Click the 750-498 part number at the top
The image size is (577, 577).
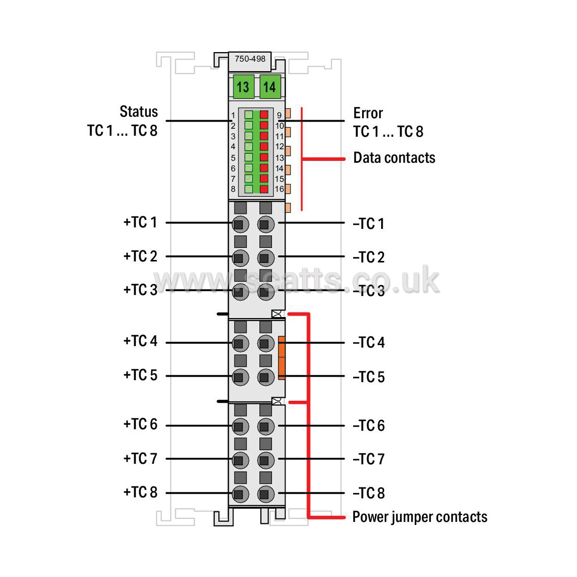250,59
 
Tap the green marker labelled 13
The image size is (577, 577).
243,87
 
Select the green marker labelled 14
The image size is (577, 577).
270,87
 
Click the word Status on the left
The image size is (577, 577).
139,112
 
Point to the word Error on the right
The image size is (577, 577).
368,113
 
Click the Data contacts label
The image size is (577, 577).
394,157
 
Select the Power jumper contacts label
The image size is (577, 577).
420,517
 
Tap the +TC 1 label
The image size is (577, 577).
140,222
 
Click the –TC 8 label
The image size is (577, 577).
369,493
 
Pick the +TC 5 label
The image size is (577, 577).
140,375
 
